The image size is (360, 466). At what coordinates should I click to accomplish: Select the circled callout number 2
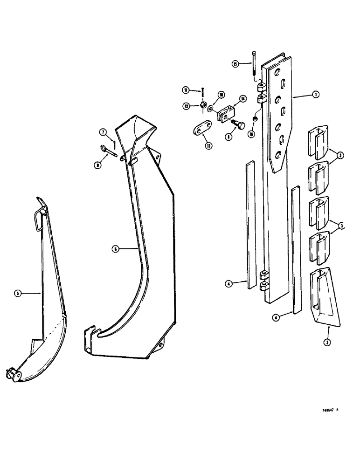[328, 342]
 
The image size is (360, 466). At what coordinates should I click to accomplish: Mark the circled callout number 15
[236, 63]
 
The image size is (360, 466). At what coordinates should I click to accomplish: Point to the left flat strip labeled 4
[250, 224]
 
